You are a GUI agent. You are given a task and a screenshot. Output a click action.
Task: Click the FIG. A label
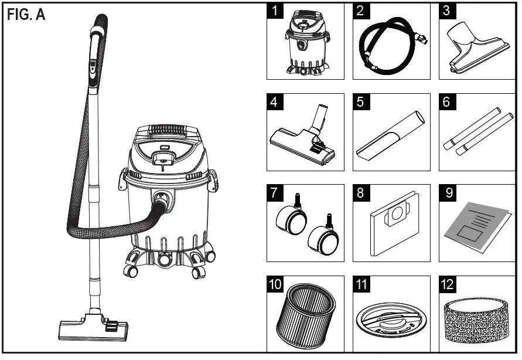26,15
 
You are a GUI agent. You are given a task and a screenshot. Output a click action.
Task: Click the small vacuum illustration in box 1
305,44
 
